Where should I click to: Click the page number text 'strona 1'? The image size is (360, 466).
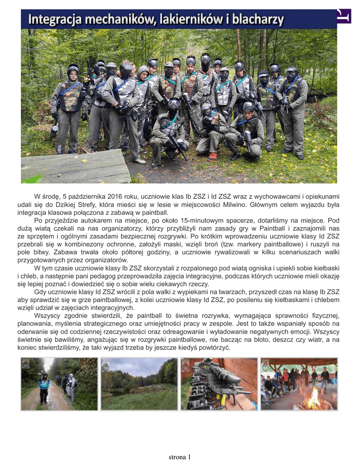click(x=180, y=456)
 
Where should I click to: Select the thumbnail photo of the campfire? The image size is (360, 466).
click(x=299, y=384)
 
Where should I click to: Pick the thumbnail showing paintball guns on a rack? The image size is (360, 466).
click(x=219, y=384)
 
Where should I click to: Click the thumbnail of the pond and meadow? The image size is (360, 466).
click(x=139, y=384)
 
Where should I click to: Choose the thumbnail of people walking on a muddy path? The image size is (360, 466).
click(x=59, y=384)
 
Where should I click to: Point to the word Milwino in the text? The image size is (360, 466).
click(x=245, y=204)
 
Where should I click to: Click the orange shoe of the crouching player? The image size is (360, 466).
click(x=212, y=157)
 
